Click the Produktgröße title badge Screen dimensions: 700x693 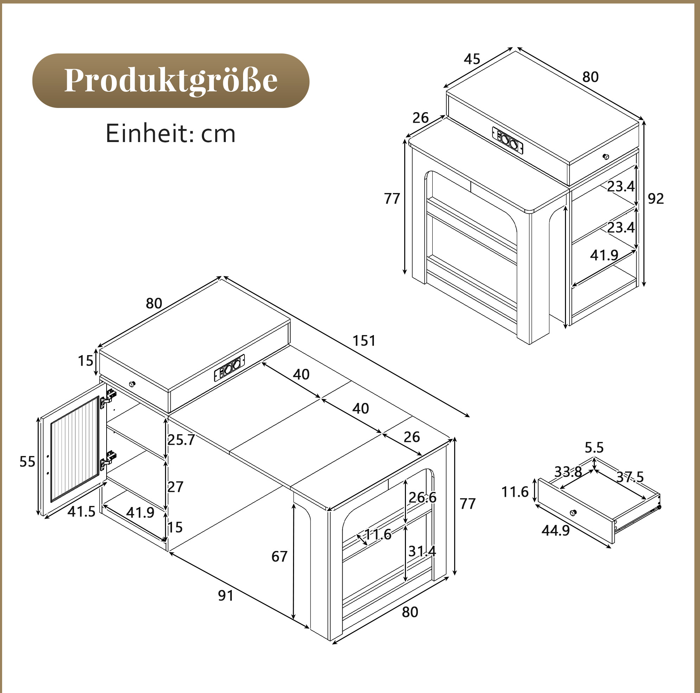click(x=171, y=81)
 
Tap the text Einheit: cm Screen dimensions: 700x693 click(x=171, y=134)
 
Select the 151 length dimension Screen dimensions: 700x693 click(x=364, y=341)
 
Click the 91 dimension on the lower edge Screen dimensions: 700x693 click(x=226, y=596)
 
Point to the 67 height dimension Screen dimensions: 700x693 click(x=279, y=557)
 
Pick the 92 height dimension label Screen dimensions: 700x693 click(x=656, y=198)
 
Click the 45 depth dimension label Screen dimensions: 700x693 click(x=472, y=59)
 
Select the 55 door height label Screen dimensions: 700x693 click(x=27, y=462)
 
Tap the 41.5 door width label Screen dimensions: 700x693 click(x=82, y=512)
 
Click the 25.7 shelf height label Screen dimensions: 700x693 click(x=181, y=440)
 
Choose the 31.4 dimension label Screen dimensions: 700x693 click(x=422, y=551)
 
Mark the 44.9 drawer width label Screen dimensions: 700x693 click(x=555, y=531)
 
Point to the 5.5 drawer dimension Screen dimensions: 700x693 click(x=594, y=448)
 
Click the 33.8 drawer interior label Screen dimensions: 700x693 click(x=568, y=472)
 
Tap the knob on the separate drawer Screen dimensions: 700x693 click(x=573, y=512)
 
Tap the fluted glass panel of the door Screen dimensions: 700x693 click(x=75, y=449)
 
